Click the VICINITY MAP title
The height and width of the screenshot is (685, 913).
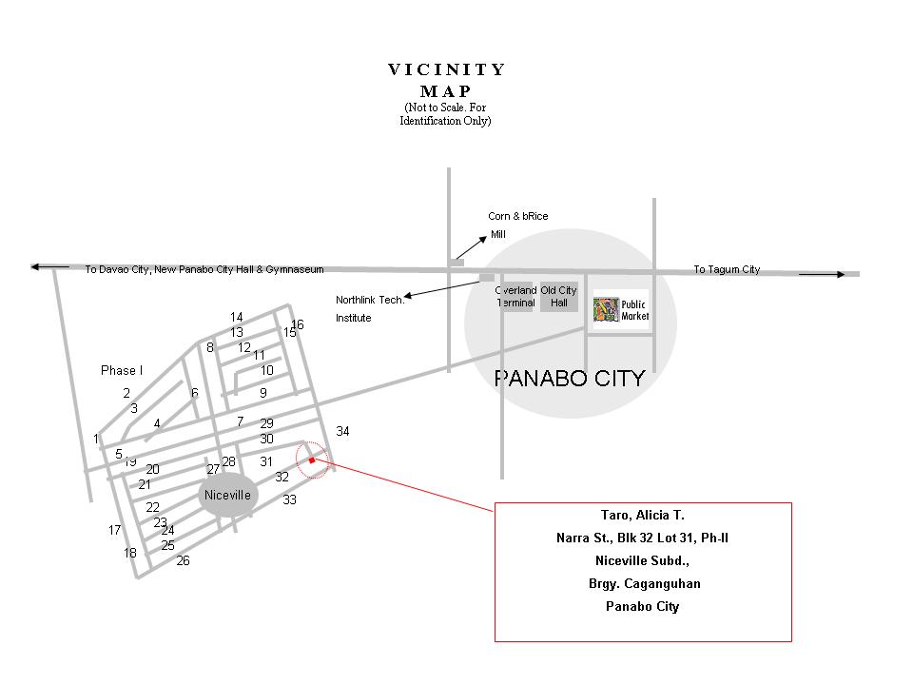(x=447, y=80)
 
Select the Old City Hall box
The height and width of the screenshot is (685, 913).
(x=558, y=297)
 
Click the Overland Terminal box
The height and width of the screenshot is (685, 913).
(x=516, y=297)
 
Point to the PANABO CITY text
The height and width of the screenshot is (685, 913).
(x=569, y=379)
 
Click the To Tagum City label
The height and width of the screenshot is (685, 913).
(x=727, y=270)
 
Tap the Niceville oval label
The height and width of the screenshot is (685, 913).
(x=227, y=496)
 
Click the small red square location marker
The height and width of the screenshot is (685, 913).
(x=312, y=460)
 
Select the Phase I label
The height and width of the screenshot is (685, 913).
(x=121, y=370)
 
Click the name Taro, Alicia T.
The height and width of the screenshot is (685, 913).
(x=642, y=515)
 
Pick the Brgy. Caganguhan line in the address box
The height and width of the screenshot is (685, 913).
(x=644, y=583)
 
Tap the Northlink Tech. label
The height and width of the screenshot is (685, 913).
(x=370, y=300)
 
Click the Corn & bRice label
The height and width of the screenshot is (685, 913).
(x=517, y=216)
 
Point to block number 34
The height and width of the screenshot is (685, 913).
(x=342, y=432)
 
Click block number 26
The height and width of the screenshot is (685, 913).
(x=183, y=560)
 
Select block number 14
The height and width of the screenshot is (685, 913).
(x=237, y=317)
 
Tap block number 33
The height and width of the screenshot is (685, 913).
(x=289, y=499)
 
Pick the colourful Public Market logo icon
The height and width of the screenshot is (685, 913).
(x=606, y=310)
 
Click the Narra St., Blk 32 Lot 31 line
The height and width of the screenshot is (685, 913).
(x=642, y=538)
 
